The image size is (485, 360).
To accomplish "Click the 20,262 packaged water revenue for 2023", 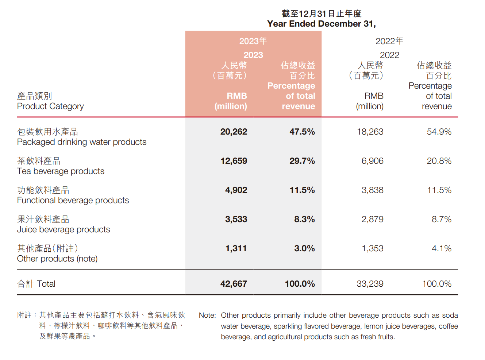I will point(234,132).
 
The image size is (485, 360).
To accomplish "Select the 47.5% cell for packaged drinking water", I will point(302,132).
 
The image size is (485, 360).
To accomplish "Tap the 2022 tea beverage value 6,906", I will point(372,161).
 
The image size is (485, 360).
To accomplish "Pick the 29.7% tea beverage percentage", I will point(302,161).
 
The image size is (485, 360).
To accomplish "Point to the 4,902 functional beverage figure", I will point(236,190).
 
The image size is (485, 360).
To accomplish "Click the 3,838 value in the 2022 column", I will point(372,190).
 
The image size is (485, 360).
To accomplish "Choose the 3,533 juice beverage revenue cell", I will point(236,219).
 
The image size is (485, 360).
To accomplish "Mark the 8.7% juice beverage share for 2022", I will point(441,219).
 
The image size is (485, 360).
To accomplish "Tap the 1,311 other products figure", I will point(236,248).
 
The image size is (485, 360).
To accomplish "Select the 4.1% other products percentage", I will point(441,248).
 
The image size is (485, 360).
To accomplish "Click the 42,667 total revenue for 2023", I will point(234,284).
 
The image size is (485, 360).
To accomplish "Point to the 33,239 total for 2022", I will point(370,284).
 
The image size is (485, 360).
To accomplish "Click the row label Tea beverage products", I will point(61,171).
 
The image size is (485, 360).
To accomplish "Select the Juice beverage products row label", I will point(63,229).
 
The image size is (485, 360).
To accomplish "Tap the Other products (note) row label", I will point(57,259).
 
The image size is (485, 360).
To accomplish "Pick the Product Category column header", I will point(50,106).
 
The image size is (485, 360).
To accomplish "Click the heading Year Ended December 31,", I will point(321,24).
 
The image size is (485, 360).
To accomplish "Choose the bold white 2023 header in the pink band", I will point(253,55).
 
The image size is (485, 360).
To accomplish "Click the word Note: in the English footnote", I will point(207,315).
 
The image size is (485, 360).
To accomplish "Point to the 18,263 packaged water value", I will point(370,132).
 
